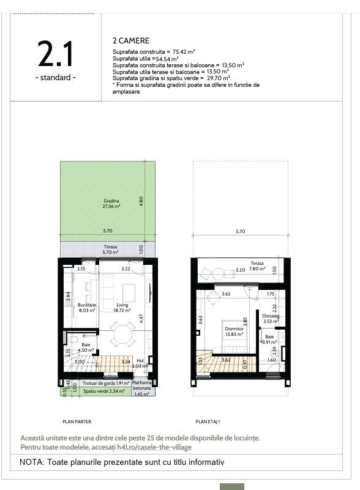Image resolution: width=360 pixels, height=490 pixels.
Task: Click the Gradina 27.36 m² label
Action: [x=111, y=204]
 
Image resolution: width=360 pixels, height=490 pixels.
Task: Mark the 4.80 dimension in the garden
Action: [x=141, y=201]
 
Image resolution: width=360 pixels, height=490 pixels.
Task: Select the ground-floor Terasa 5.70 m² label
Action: [x=111, y=250]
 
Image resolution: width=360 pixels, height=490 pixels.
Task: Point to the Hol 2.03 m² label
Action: [x=140, y=363]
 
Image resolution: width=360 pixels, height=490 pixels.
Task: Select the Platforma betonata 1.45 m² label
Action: [x=144, y=387]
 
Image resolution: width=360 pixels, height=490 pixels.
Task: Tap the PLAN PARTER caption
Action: [x=77, y=421]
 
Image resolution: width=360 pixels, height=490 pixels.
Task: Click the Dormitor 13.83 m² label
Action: [x=234, y=331]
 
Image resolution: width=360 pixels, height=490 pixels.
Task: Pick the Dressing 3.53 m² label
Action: [x=271, y=319]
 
